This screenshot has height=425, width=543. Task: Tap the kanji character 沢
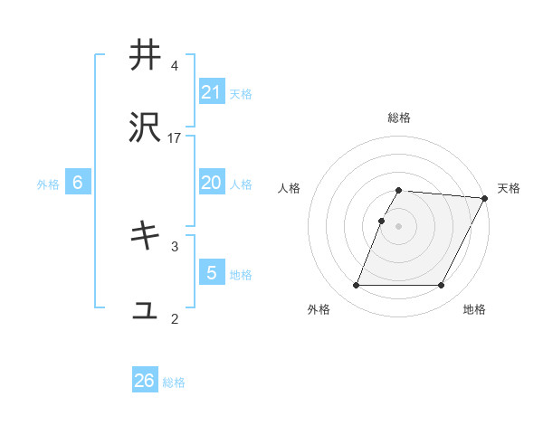pyautogui.click(x=145, y=128)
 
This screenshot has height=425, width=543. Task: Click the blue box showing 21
pyautogui.click(x=212, y=91)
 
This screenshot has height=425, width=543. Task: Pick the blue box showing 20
pyautogui.click(x=212, y=183)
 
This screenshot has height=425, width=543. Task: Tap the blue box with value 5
pyautogui.click(x=212, y=272)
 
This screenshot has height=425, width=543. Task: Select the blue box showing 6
pyautogui.click(x=78, y=183)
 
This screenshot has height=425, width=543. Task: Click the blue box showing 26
pyautogui.click(x=145, y=381)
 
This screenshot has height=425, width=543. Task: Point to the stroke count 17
pyautogui.click(x=175, y=138)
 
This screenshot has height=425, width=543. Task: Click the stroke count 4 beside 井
pyautogui.click(x=175, y=66)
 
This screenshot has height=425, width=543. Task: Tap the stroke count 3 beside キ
pyautogui.click(x=175, y=245)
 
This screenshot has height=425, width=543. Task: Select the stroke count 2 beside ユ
pyautogui.click(x=175, y=318)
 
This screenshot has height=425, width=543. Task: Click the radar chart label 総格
pyautogui.click(x=399, y=118)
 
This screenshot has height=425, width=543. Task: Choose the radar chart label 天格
pyautogui.click(x=509, y=188)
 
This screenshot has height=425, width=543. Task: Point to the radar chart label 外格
pyautogui.click(x=319, y=310)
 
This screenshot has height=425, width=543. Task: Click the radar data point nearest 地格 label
pyautogui.click(x=442, y=286)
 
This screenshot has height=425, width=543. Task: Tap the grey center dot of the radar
pyautogui.click(x=399, y=226)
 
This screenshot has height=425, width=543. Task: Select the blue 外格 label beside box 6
pyautogui.click(x=48, y=184)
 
